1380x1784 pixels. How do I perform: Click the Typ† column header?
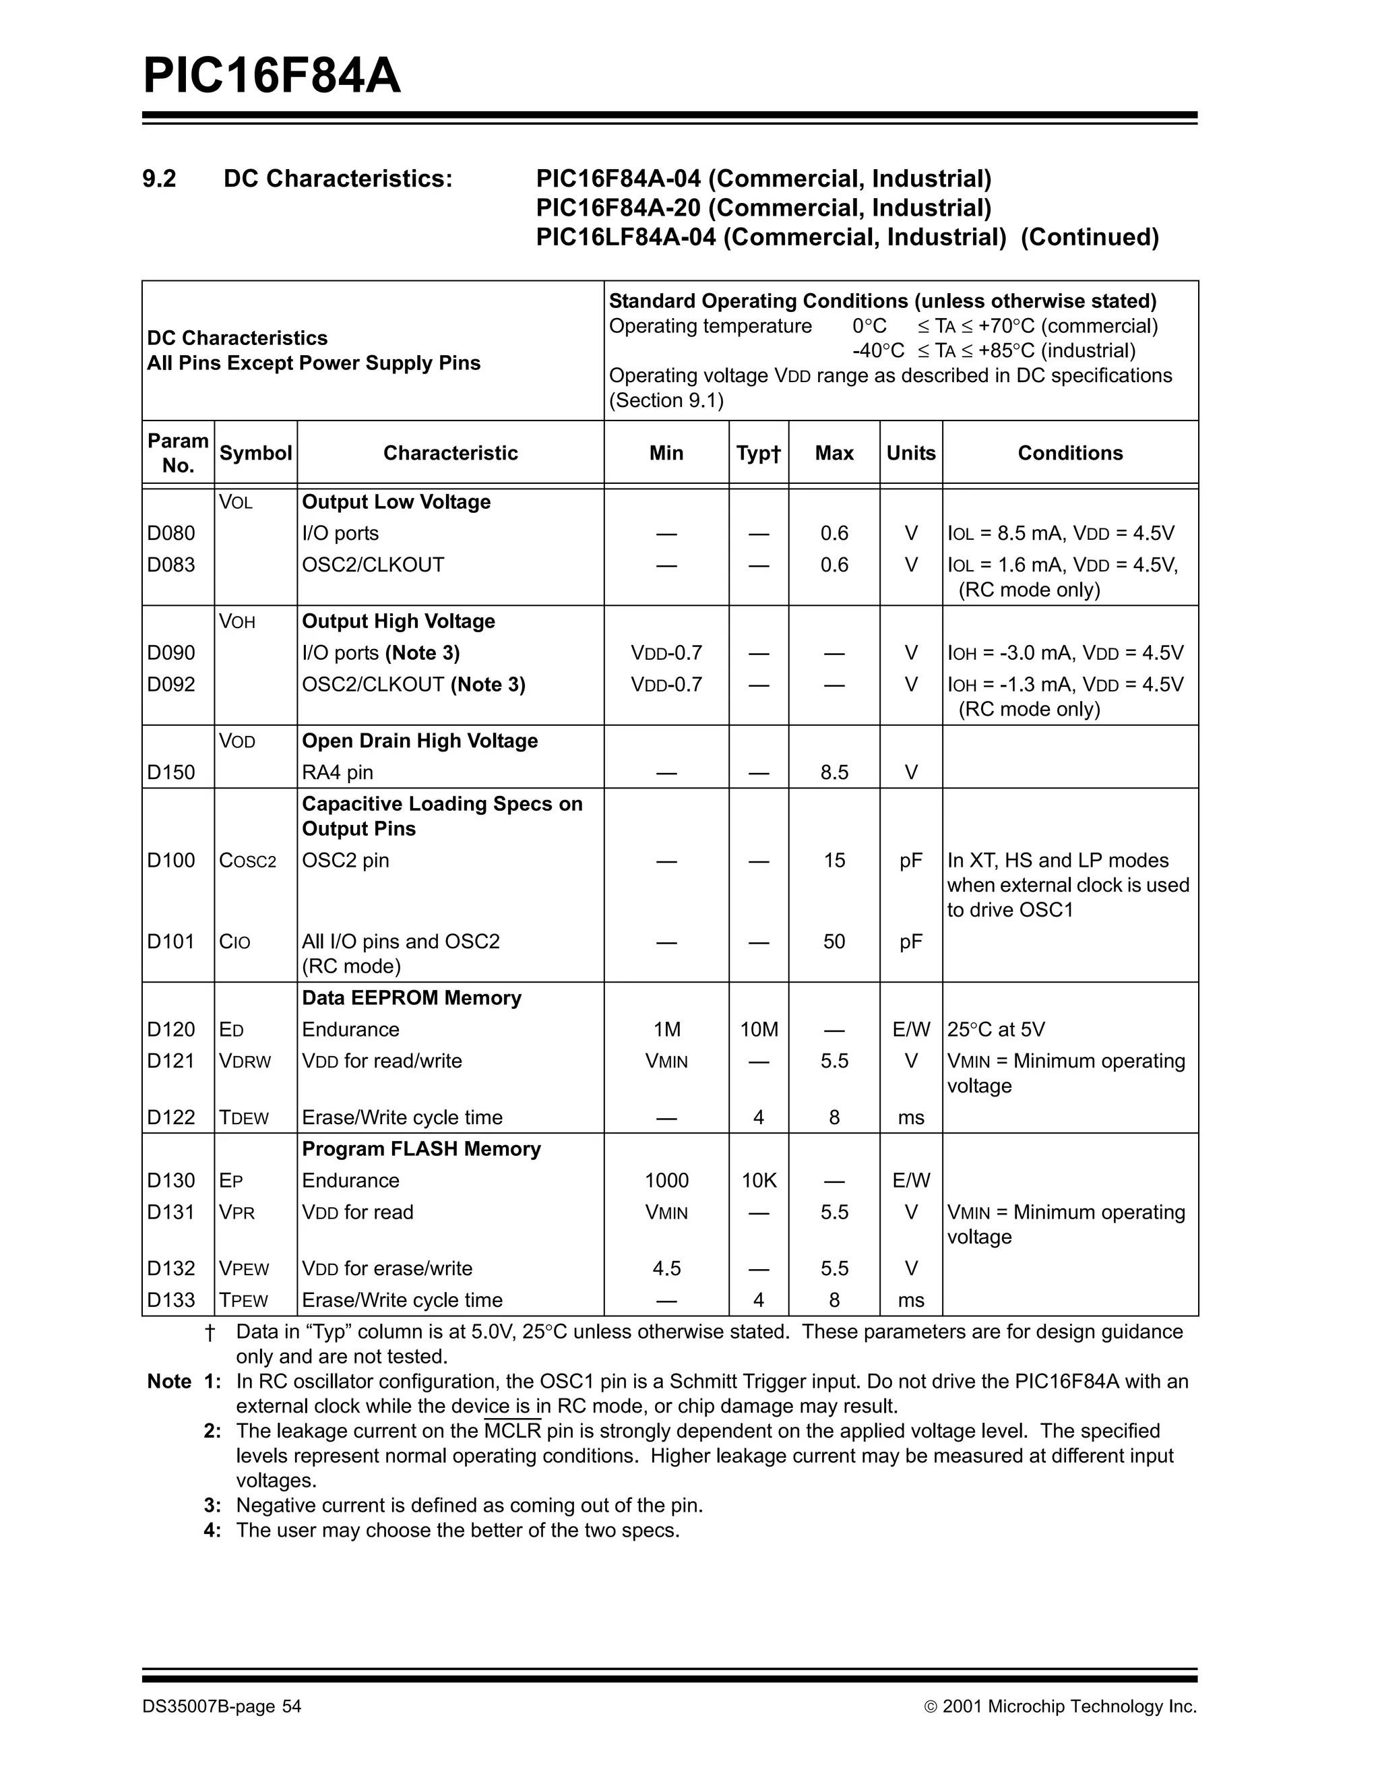758,454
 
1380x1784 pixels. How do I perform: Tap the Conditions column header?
1070,454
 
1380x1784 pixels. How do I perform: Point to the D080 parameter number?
171,533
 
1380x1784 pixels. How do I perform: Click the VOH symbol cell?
237,623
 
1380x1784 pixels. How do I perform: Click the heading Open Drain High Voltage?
420,741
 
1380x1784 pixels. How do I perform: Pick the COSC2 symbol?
247,861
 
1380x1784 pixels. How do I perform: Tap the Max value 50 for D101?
834,942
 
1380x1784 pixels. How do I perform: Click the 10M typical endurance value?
759,1030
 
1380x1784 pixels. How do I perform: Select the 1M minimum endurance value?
666,1030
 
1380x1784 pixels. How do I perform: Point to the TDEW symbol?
243,1118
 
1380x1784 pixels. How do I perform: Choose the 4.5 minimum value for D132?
666,1269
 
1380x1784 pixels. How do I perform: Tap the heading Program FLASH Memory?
421,1149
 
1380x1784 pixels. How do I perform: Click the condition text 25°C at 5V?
995,1030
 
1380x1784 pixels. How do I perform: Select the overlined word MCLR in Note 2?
513,1431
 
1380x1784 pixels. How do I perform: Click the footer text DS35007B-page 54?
221,1706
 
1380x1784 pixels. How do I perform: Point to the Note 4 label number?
212,1530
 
